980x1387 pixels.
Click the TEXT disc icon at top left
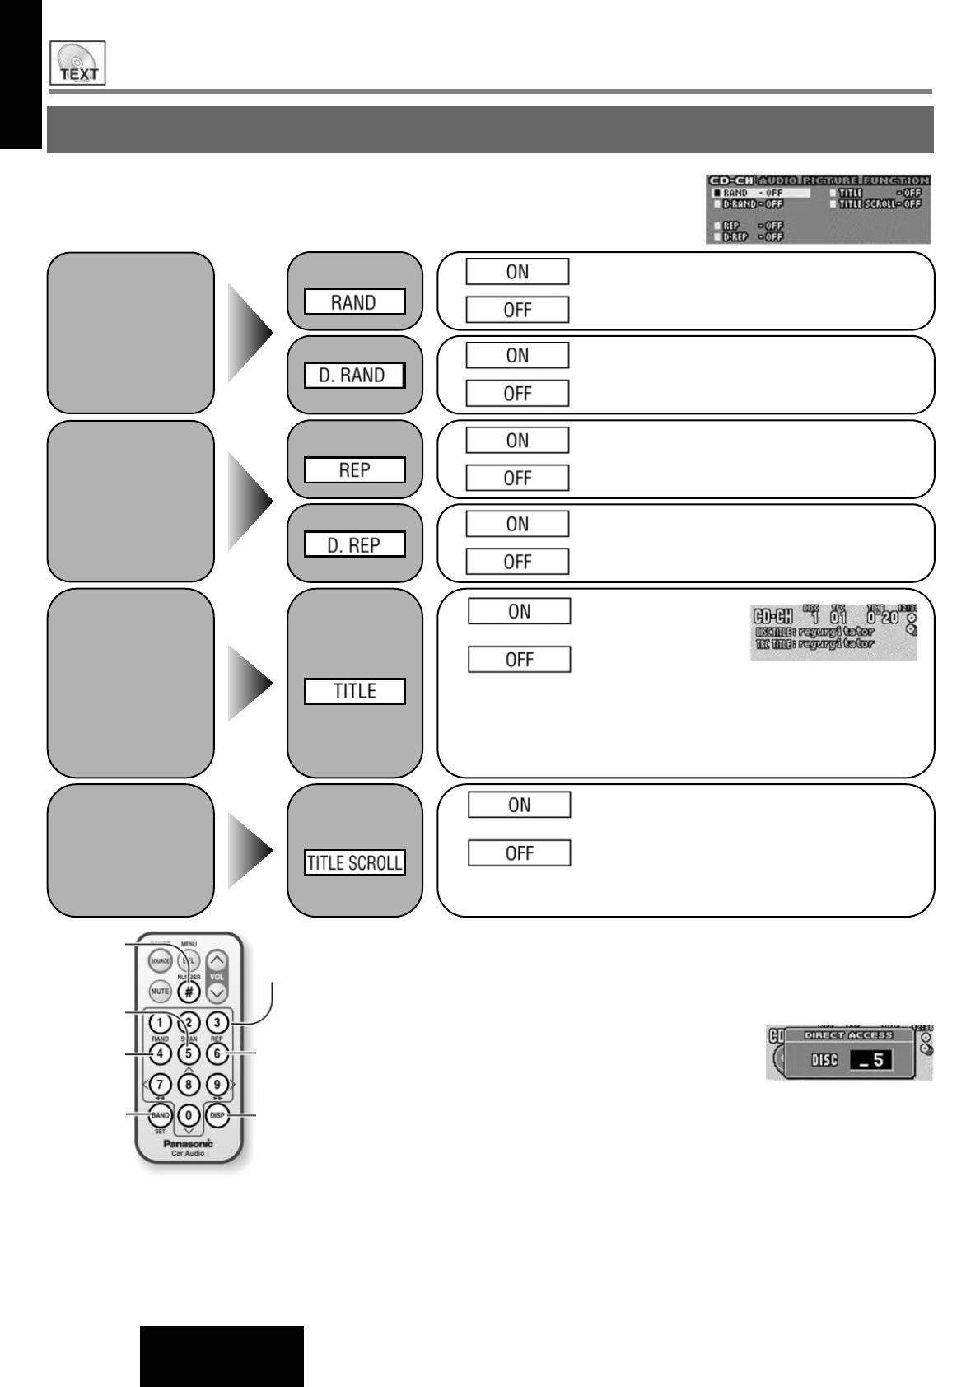click(x=77, y=63)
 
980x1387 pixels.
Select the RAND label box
click(x=354, y=302)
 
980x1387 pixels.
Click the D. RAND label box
click(x=354, y=376)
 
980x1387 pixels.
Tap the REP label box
click(x=354, y=470)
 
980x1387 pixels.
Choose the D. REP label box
click(x=354, y=545)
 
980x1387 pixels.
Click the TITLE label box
click(x=354, y=691)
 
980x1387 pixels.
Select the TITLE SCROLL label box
click(x=354, y=863)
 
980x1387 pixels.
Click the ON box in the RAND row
click(x=517, y=272)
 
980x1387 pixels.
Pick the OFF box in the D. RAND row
click(x=517, y=394)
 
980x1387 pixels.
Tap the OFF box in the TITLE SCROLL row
click(x=519, y=853)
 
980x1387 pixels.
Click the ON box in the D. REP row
click(x=517, y=524)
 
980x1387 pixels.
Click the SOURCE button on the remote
click(x=160, y=961)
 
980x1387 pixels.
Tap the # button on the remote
click(x=189, y=992)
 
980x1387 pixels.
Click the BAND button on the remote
click(x=160, y=1116)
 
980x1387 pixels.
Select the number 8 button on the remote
click(x=189, y=1084)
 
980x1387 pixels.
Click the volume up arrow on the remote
click(x=217, y=960)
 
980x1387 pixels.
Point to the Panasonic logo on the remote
click(x=188, y=1143)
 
